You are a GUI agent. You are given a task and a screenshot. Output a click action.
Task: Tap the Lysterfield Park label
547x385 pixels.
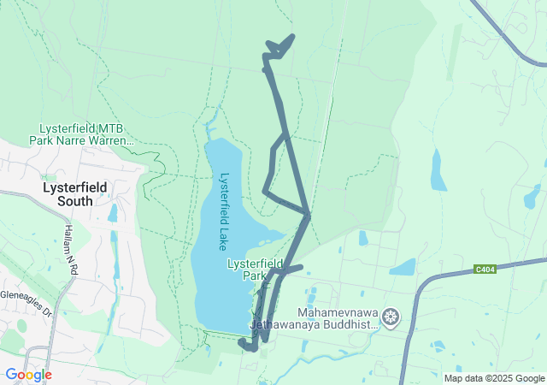[255, 270]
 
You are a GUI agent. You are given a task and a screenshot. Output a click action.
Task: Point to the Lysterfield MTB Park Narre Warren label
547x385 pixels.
[81, 133]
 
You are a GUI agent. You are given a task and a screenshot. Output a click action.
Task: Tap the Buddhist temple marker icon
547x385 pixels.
[391, 318]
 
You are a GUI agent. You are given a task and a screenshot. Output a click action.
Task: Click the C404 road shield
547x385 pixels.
[485, 269]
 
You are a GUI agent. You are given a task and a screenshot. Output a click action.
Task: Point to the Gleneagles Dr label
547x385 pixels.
[26, 314]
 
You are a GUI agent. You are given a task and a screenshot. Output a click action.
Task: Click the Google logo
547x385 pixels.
[28, 374]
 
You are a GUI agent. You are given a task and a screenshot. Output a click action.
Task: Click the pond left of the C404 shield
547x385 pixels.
[403, 267]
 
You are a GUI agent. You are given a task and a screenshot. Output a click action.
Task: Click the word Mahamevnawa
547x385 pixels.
[338, 312]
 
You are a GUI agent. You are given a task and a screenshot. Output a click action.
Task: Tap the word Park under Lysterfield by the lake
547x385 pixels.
[255, 276]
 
